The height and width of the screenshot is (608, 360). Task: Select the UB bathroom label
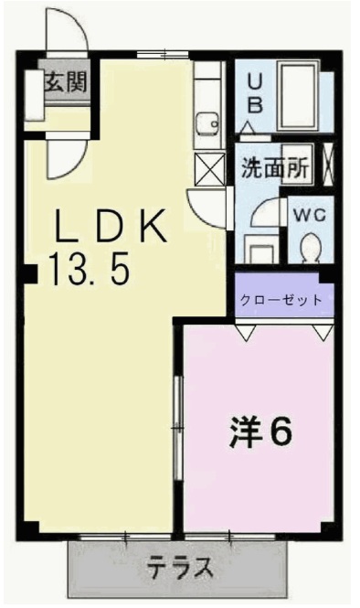coord(256,92)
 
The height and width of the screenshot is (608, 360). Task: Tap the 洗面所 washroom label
coord(274,168)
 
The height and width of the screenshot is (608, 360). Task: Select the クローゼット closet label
coord(280,299)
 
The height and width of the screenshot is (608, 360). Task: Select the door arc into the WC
coord(266,215)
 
